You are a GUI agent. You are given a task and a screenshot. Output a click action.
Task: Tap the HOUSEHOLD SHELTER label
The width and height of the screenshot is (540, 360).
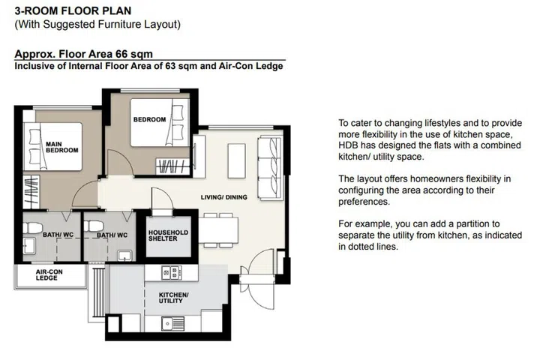tap(167, 235)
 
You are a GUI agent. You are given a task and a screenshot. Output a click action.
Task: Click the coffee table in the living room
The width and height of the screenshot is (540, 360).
tap(235, 157)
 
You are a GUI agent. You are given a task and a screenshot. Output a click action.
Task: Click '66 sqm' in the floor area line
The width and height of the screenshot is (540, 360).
tap(119, 54)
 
